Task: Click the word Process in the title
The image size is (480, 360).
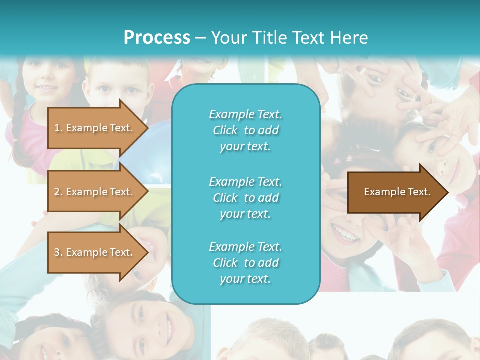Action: point(157,38)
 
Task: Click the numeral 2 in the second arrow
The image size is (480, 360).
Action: point(57,192)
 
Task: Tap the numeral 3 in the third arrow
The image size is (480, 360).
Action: point(57,252)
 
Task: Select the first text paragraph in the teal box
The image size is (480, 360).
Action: point(245,130)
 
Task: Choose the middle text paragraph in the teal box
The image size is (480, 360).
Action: point(245,198)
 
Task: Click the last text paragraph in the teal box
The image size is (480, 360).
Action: point(245,263)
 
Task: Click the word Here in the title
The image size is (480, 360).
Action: point(350,38)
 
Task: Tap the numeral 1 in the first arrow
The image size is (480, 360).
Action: point(57,128)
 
